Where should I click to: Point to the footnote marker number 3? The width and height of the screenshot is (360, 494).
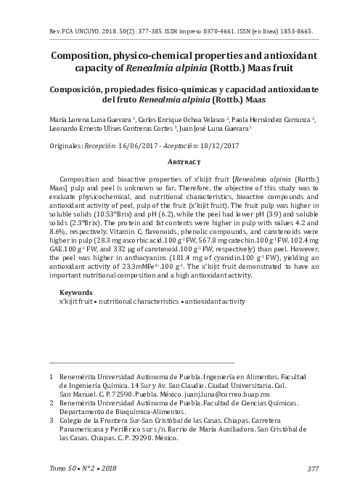(x=51, y=420)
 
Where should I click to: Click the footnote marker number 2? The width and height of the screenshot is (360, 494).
(x=51, y=402)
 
